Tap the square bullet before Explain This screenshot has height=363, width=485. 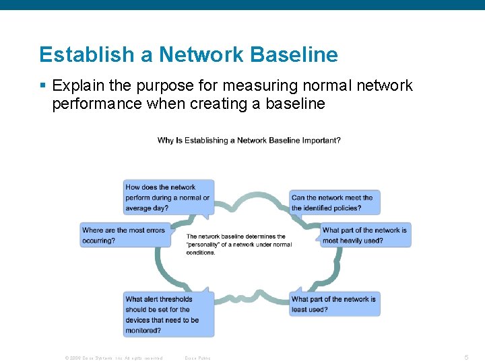click(x=42, y=86)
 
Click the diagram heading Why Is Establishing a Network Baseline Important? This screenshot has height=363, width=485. click(x=249, y=140)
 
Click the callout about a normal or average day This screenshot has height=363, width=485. click(x=169, y=198)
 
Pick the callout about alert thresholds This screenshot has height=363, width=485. click(x=169, y=315)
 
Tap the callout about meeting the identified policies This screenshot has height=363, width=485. click(x=335, y=202)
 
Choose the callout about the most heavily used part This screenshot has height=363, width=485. click(x=364, y=235)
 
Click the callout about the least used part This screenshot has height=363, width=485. click(x=335, y=304)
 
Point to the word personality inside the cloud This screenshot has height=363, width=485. click(x=205, y=245)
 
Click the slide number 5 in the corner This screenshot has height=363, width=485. click(x=466, y=358)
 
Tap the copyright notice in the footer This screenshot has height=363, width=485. click(x=113, y=358)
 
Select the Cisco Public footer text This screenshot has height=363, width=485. click(x=197, y=358)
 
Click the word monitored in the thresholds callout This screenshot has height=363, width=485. click(x=143, y=330)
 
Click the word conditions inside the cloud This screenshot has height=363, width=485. click(x=201, y=253)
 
